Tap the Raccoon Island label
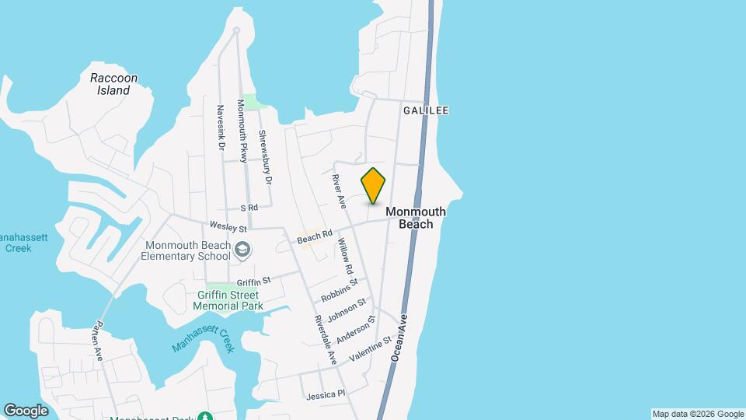point(113,84)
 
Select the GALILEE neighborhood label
point(426,110)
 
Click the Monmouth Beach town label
point(416,218)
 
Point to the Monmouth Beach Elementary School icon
point(243,249)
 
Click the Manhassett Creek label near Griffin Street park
point(204,338)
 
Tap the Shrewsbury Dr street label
point(267,156)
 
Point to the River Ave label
point(339,191)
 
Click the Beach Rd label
point(315,236)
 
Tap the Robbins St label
point(339,291)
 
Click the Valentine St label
point(371,348)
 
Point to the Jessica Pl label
point(325,395)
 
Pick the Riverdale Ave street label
point(325,340)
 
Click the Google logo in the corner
point(26,411)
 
